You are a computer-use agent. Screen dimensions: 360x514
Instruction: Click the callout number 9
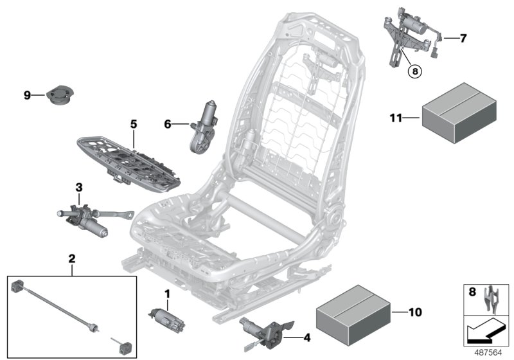pyautogui.click(x=27, y=96)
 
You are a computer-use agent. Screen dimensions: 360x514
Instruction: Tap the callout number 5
pyautogui.click(x=134, y=123)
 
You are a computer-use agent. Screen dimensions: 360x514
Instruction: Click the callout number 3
pyautogui.click(x=79, y=187)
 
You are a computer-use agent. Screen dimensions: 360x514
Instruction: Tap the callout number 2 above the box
pyautogui.click(x=72, y=260)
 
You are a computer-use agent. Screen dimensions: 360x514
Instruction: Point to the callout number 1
pyautogui.click(x=168, y=294)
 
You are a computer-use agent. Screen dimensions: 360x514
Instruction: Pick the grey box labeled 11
pyautogui.click(x=461, y=115)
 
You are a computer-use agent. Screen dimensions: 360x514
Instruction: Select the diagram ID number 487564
pyautogui.click(x=488, y=352)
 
